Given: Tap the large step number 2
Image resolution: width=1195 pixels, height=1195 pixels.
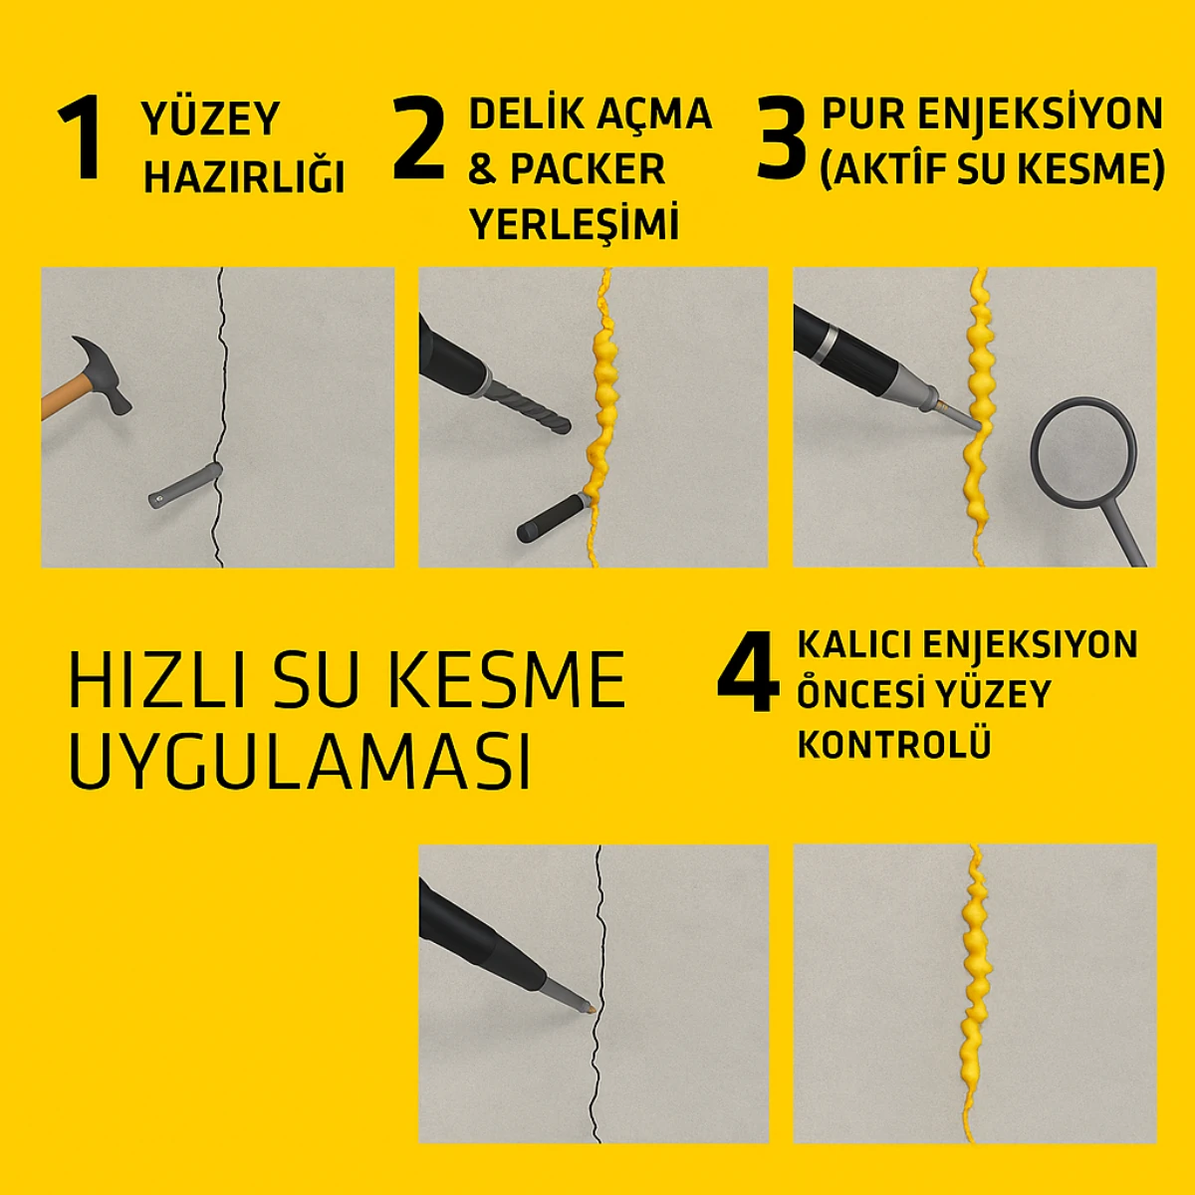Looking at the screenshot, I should pyautogui.click(x=418, y=139).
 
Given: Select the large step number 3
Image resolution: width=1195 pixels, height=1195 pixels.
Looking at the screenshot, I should pyautogui.click(x=782, y=139).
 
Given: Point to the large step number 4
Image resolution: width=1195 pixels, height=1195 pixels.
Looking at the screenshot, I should pyautogui.click(x=748, y=672).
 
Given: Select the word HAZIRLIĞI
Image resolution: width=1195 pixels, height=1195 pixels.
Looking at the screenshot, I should pyautogui.click(x=244, y=177).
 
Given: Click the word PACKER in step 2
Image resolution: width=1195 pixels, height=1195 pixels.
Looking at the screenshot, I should pyautogui.click(x=587, y=169).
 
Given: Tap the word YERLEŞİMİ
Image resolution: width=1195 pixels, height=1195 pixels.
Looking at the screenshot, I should pyautogui.click(x=575, y=224).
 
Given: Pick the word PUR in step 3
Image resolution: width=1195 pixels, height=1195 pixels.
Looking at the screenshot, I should pyautogui.click(x=862, y=115).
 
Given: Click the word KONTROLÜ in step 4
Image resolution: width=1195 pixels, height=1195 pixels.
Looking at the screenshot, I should pyautogui.click(x=893, y=744).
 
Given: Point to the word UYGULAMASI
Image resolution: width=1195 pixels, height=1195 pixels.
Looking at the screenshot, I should pyautogui.click(x=299, y=762).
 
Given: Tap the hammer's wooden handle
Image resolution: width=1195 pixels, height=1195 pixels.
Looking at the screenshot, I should pyautogui.click(x=60, y=398).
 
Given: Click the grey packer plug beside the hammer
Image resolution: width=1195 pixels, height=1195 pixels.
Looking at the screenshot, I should pyautogui.click(x=185, y=486).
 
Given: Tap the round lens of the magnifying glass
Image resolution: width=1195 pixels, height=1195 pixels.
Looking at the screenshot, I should pyautogui.click(x=1083, y=453).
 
